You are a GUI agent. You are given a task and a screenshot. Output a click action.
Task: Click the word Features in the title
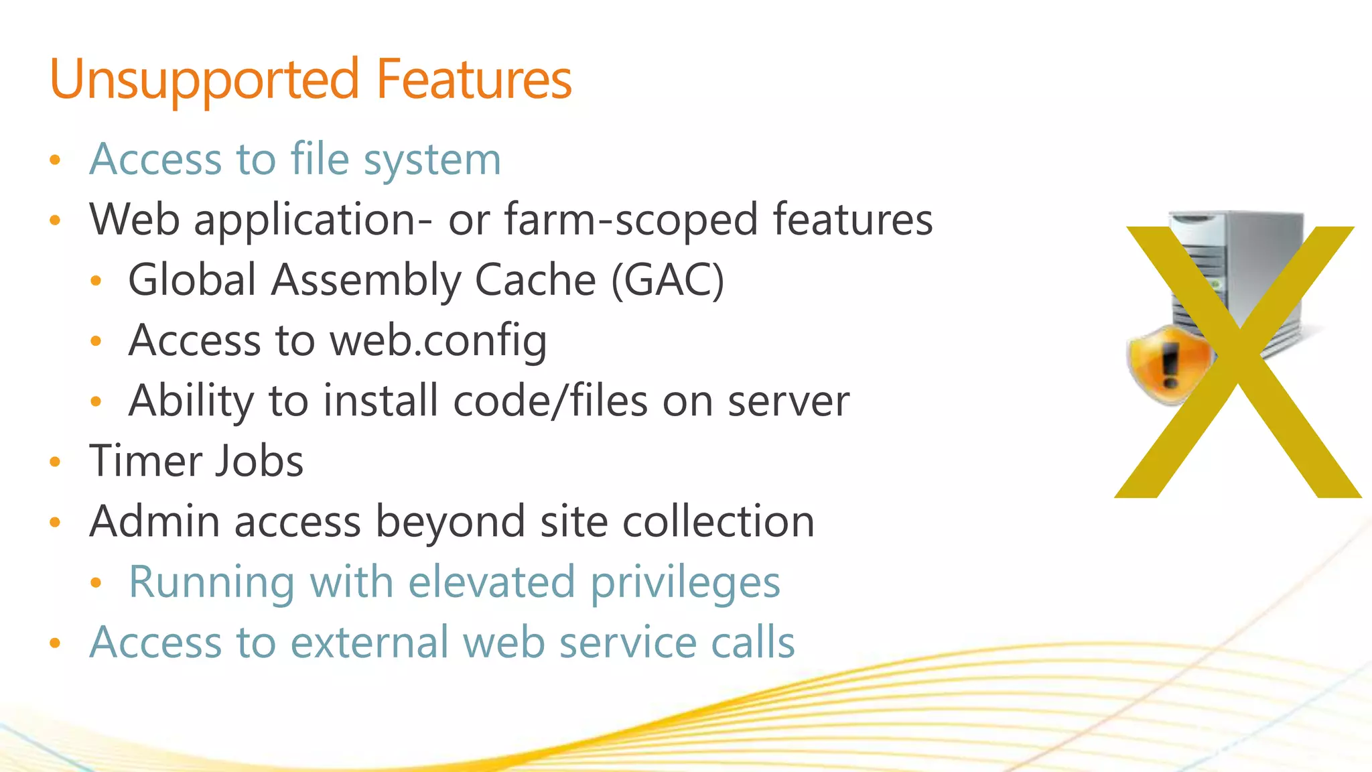click(474, 79)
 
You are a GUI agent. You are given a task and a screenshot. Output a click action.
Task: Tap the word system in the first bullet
click(432, 161)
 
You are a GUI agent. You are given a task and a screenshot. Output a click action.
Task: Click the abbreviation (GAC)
click(667, 280)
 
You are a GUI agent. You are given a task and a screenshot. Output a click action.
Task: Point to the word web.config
click(438, 340)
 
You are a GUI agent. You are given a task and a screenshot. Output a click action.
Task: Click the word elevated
click(491, 582)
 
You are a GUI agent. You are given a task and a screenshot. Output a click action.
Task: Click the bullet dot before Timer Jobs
click(56, 462)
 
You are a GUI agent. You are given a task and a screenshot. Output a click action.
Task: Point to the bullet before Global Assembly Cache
click(96, 281)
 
